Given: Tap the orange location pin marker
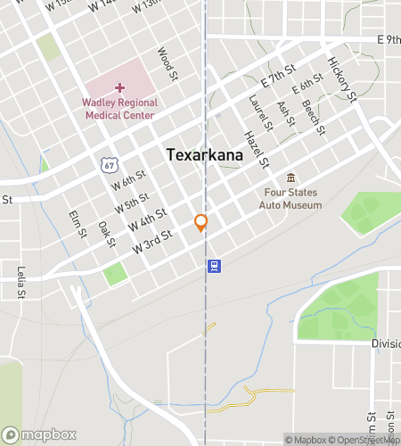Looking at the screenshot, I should (x=201, y=223).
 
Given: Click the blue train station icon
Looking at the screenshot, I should (x=214, y=265).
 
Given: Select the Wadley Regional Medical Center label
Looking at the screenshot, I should (x=119, y=108).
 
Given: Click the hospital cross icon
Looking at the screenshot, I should (x=120, y=88).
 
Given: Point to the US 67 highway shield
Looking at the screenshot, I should (x=108, y=164).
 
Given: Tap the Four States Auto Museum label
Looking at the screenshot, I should (x=291, y=198).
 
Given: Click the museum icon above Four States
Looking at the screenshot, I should (x=291, y=177).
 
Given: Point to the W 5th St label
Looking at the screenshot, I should (x=130, y=200).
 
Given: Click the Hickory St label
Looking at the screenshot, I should (x=341, y=78).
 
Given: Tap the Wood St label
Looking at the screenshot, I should (x=168, y=65).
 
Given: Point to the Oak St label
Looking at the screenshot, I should (x=106, y=235).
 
